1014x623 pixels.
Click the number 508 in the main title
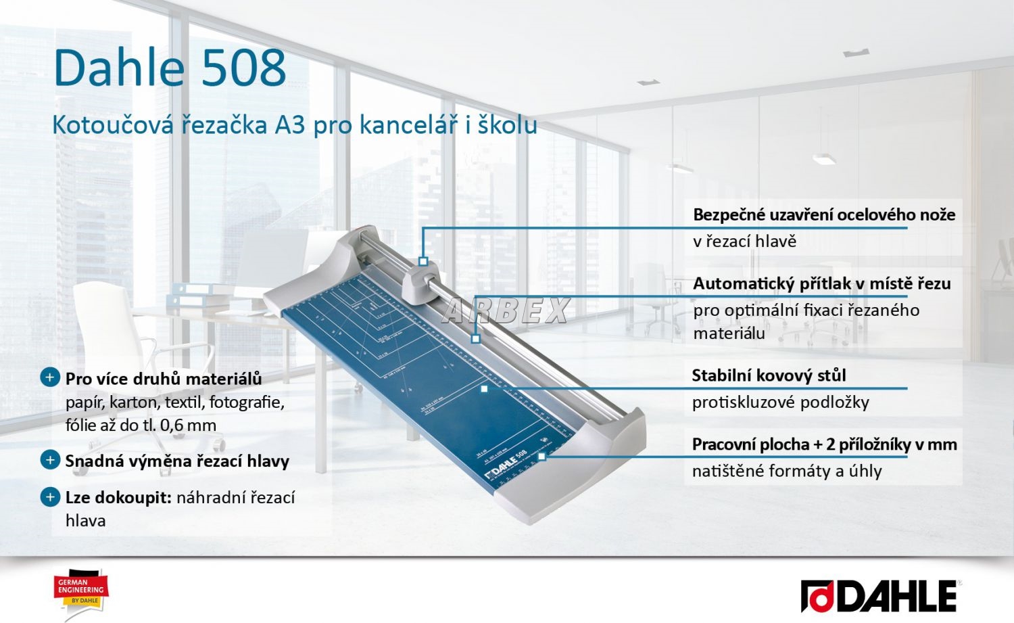click(x=243, y=68)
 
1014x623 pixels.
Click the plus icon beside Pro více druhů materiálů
click(x=50, y=377)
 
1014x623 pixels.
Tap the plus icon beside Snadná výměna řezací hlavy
click(x=50, y=460)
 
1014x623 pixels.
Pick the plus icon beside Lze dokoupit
click(x=50, y=497)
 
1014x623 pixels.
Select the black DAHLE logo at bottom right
click(x=879, y=596)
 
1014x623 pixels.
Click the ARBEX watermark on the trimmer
click(x=505, y=310)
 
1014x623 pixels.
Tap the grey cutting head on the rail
click(x=420, y=285)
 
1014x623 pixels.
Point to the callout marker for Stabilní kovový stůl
click(x=484, y=389)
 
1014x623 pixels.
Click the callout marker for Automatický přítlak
click(x=475, y=338)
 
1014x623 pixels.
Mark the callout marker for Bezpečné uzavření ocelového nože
click(x=423, y=261)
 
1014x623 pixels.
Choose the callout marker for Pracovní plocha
click(x=541, y=457)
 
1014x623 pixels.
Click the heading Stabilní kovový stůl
click(x=769, y=375)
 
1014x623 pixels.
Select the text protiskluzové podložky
click(x=780, y=402)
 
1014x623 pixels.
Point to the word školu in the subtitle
click(x=508, y=124)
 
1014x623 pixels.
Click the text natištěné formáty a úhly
click(x=787, y=471)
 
